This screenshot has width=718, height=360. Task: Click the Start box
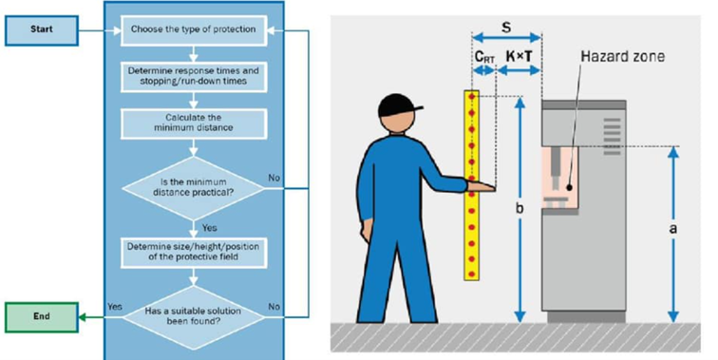coord(40,29)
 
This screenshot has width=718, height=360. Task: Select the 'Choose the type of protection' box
coord(193,29)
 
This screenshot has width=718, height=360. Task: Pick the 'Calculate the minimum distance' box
coord(193,123)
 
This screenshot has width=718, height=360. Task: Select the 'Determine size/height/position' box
coord(193,251)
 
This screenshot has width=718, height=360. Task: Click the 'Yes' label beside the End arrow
coord(116,307)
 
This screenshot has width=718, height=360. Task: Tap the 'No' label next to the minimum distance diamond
coord(274,178)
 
